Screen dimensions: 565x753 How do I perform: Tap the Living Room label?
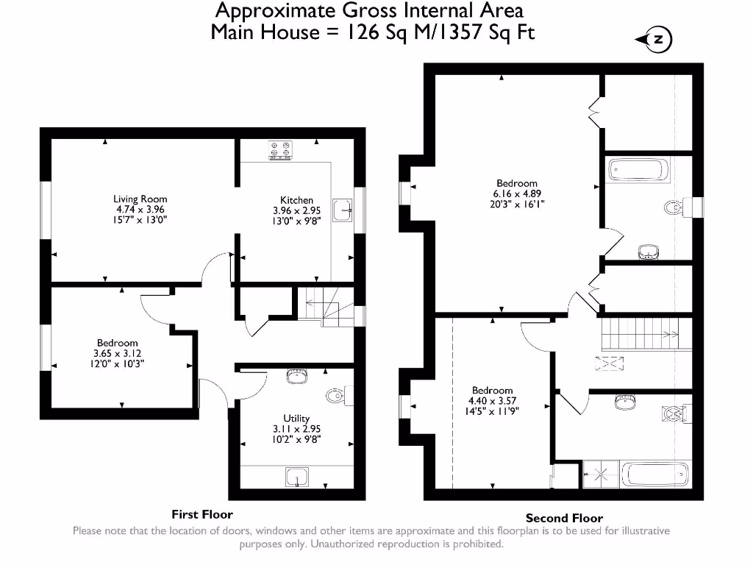140,199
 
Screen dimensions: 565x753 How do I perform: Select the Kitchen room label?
296,200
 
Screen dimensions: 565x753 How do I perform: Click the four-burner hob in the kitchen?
280,151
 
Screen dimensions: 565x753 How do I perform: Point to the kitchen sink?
343,210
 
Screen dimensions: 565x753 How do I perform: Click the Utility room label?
296,418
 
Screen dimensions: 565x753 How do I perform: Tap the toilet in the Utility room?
335,396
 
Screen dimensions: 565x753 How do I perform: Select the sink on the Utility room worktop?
296,477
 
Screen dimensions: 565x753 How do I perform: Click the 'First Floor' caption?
202,514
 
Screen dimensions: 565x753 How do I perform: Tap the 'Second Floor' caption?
564,518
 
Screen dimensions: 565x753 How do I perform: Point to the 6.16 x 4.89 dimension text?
517,194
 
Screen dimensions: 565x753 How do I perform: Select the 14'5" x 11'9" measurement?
492,411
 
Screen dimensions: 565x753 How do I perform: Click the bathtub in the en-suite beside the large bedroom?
638,171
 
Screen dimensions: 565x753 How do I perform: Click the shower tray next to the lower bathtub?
600,475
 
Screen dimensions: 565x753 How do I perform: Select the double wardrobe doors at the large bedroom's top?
594,112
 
